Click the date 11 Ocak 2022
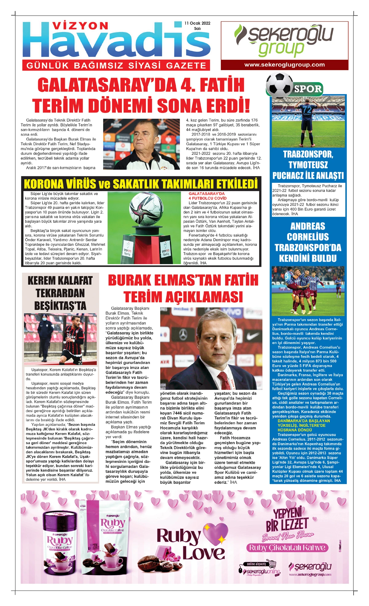click(197, 23)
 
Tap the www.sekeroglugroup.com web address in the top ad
click(284, 65)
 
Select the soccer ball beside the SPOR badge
click(279, 85)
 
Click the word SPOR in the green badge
click(308, 89)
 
